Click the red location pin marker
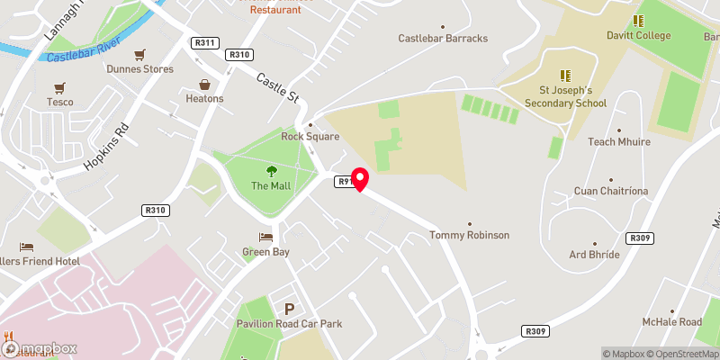[x=359, y=179]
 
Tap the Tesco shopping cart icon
[x=59, y=87]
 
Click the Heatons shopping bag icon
[x=204, y=83]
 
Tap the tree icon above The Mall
[x=271, y=171]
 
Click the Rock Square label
[x=310, y=137]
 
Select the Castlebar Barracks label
[x=443, y=39]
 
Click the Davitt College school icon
[x=638, y=20]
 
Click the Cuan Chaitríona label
[x=610, y=192]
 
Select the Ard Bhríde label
[x=594, y=255]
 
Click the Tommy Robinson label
[x=469, y=235]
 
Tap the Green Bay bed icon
[x=265, y=237]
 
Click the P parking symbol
[x=290, y=309]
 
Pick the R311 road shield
[x=205, y=42]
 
